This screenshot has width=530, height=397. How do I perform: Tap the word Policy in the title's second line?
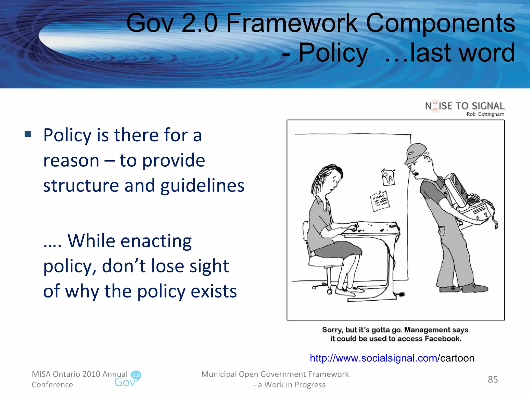coord(333,53)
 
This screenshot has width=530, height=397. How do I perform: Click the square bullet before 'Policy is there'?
coord(28,134)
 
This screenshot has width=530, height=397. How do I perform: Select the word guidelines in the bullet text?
coord(202,186)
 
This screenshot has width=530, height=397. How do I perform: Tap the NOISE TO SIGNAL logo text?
coord(465,106)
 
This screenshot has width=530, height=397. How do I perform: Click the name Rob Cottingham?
coord(485,114)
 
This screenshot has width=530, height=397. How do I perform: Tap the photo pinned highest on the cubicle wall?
coord(388,177)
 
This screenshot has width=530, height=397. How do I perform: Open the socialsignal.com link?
coord(373,358)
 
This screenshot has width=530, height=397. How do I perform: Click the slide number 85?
coord(493,379)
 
